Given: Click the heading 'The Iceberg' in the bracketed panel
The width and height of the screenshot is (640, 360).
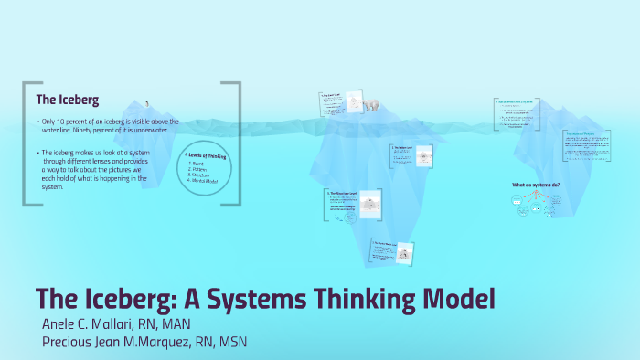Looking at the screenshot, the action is click(67, 99).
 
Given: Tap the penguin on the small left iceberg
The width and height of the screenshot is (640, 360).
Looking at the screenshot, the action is click(145, 103).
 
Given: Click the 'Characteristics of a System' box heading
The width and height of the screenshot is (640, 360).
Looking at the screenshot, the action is click(515, 101).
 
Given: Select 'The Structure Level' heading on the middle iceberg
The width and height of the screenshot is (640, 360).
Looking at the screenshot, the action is click(342, 194).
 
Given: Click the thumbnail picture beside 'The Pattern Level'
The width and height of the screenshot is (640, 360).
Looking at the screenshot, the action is click(423, 156).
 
